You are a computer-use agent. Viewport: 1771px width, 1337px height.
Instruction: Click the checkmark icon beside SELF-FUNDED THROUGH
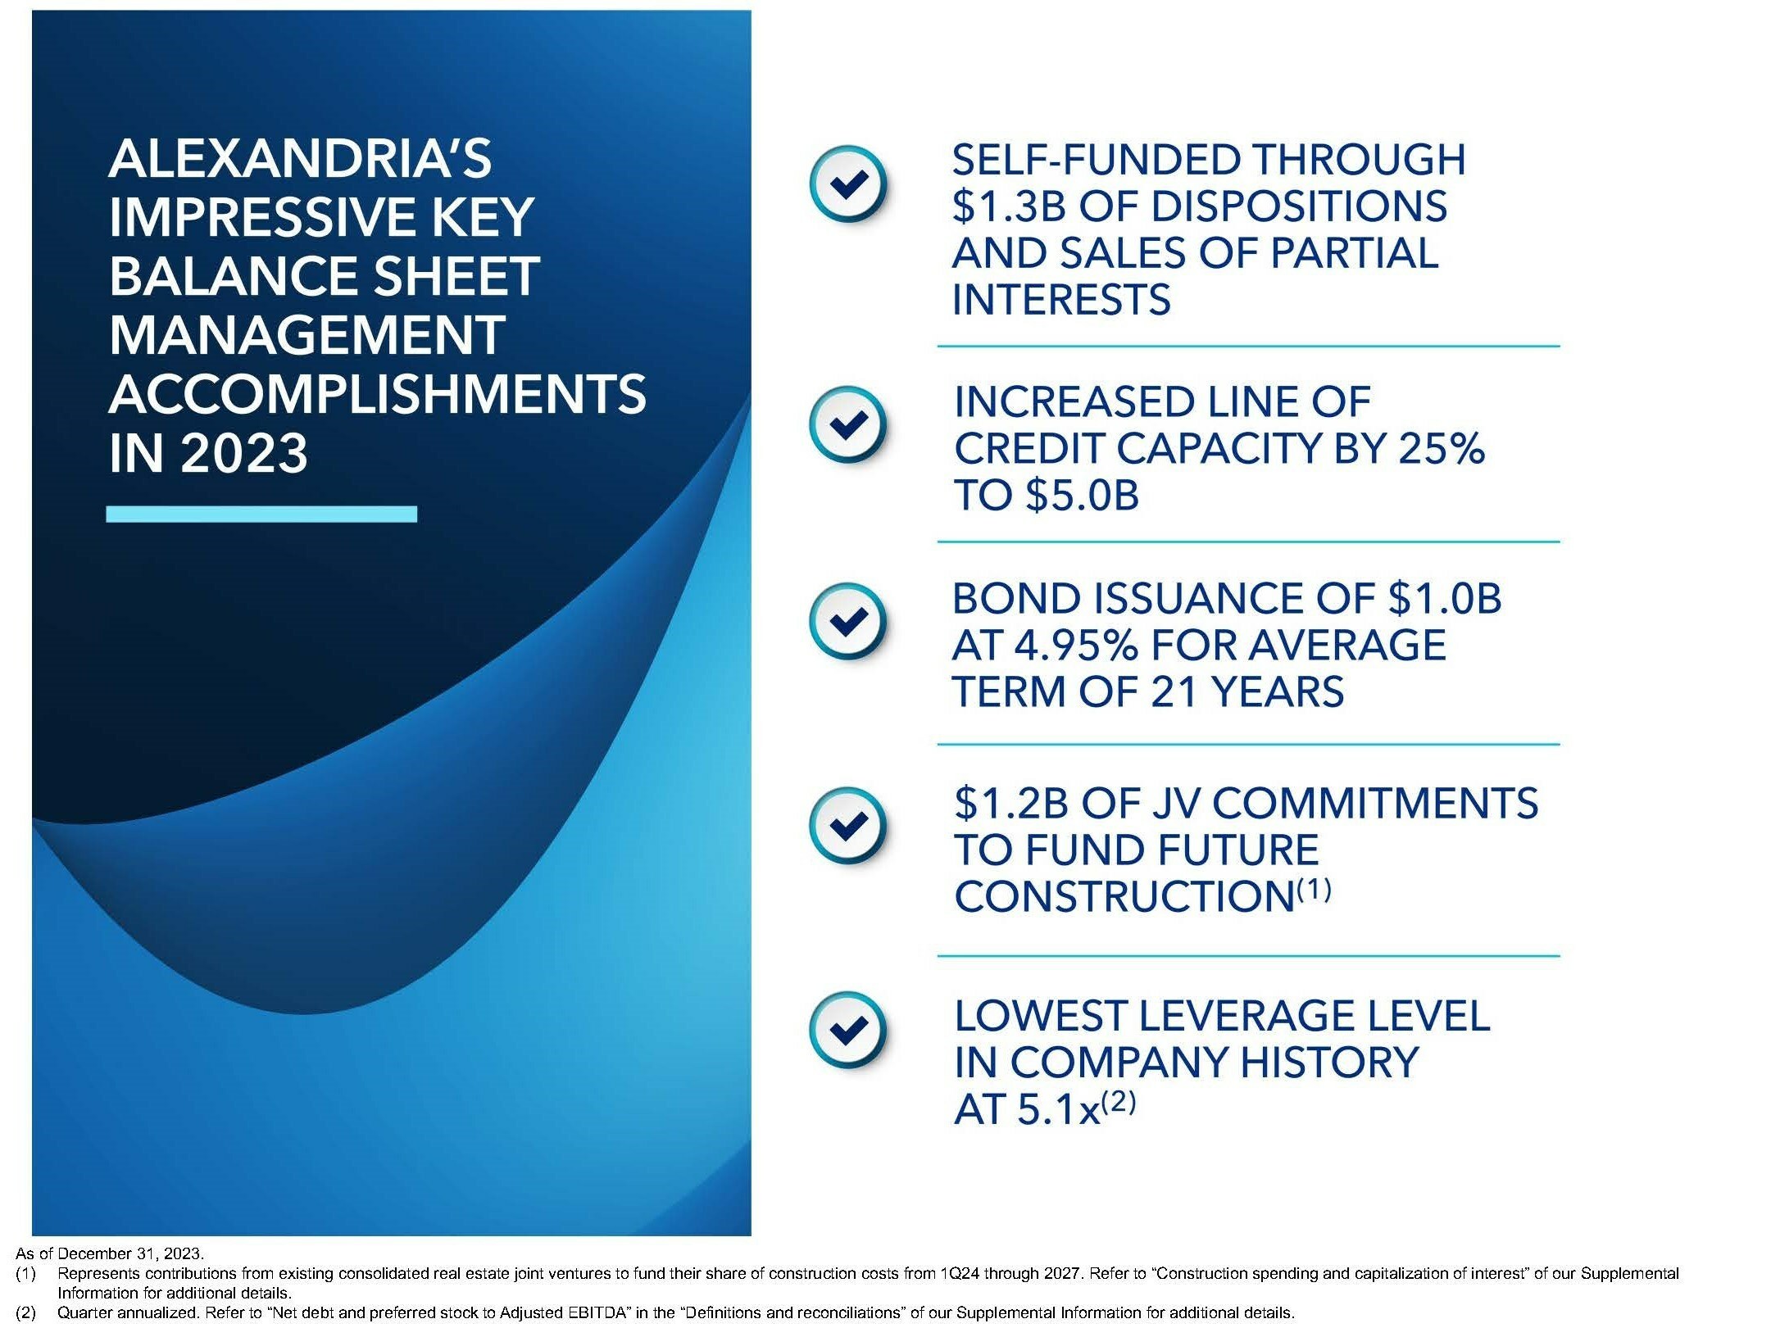(x=847, y=184)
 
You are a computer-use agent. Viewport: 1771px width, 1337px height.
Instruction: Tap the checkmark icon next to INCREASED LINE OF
(x=847, y=424)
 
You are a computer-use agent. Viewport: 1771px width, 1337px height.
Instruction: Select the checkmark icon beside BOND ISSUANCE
(x=847, y=620)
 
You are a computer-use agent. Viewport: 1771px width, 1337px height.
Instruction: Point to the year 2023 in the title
(x=244, y=453)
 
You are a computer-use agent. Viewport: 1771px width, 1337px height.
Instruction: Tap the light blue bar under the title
(x=261, y=514)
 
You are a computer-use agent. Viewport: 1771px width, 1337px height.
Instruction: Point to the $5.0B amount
(x=1082, y=496)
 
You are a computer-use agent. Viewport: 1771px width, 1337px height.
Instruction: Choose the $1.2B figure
(x=1011, y=803)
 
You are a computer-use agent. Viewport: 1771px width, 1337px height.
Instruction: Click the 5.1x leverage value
(x=1057, y=1109)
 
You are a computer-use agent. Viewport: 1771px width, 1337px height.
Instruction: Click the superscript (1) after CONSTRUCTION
(x=1314, y=889)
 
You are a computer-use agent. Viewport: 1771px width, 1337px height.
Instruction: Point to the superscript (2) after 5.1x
(x=1119, y=1102)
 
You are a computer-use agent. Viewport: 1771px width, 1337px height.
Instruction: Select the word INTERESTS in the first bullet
(x=1061, y=299)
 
